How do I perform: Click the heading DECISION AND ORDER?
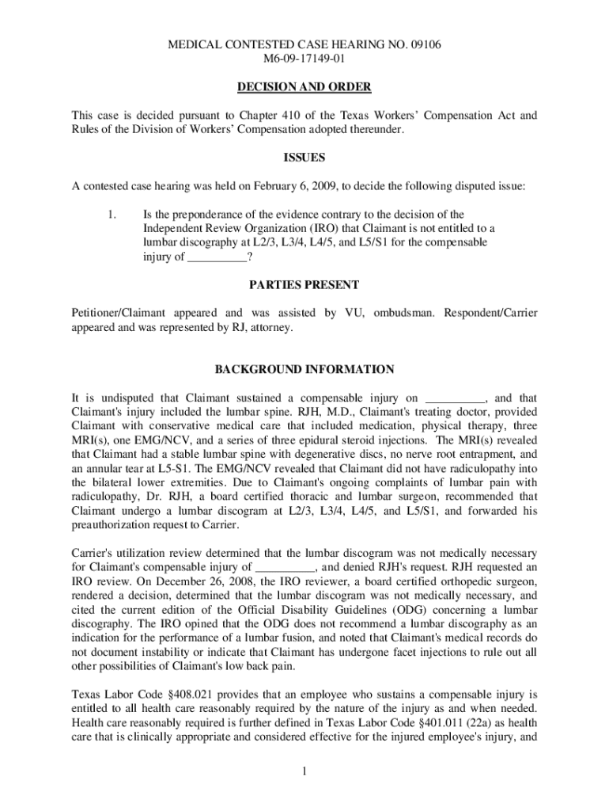(304, 86)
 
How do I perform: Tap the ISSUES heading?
(304, 158)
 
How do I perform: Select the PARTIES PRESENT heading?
(304, 284)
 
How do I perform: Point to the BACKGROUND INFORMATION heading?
(304, 369)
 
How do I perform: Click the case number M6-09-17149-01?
(304, 59)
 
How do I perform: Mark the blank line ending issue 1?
(217, 257)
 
